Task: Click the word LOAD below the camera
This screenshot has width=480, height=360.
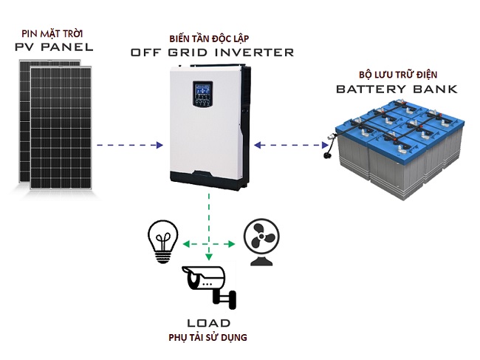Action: click(x=210, y=323)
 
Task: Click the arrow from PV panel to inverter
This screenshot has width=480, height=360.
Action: click(x=129, y=145)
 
